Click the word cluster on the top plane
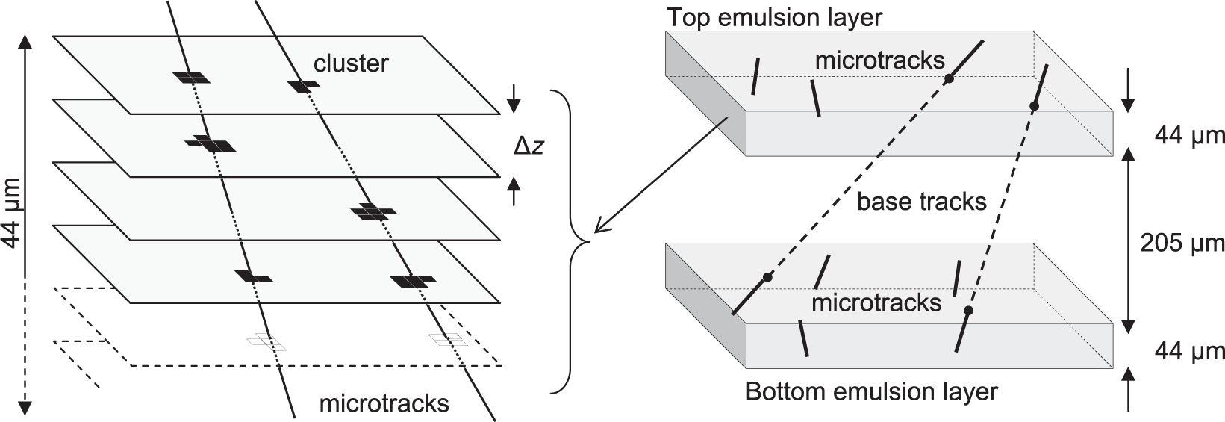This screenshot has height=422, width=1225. coord(351,63)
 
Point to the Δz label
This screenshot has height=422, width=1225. coord(529,146)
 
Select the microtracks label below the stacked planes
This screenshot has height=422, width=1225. coord(384,403)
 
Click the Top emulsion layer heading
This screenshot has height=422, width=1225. coord(775,16)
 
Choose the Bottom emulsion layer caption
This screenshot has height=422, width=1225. coord(871,391)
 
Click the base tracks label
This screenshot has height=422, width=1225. coord(921,201)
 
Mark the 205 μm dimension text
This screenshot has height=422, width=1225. coord(1182,243)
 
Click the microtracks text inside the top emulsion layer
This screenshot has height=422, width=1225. coord(879,60)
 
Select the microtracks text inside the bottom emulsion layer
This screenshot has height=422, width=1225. coord(876,302)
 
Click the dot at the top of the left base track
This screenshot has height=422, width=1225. coord(949,78)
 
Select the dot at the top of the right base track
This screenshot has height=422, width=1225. coord(1034,107)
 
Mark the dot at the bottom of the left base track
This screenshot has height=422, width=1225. coord(767,277)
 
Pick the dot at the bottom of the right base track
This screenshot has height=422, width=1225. coord(968,310)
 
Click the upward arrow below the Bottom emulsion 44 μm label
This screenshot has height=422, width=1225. coord(1128,388)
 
